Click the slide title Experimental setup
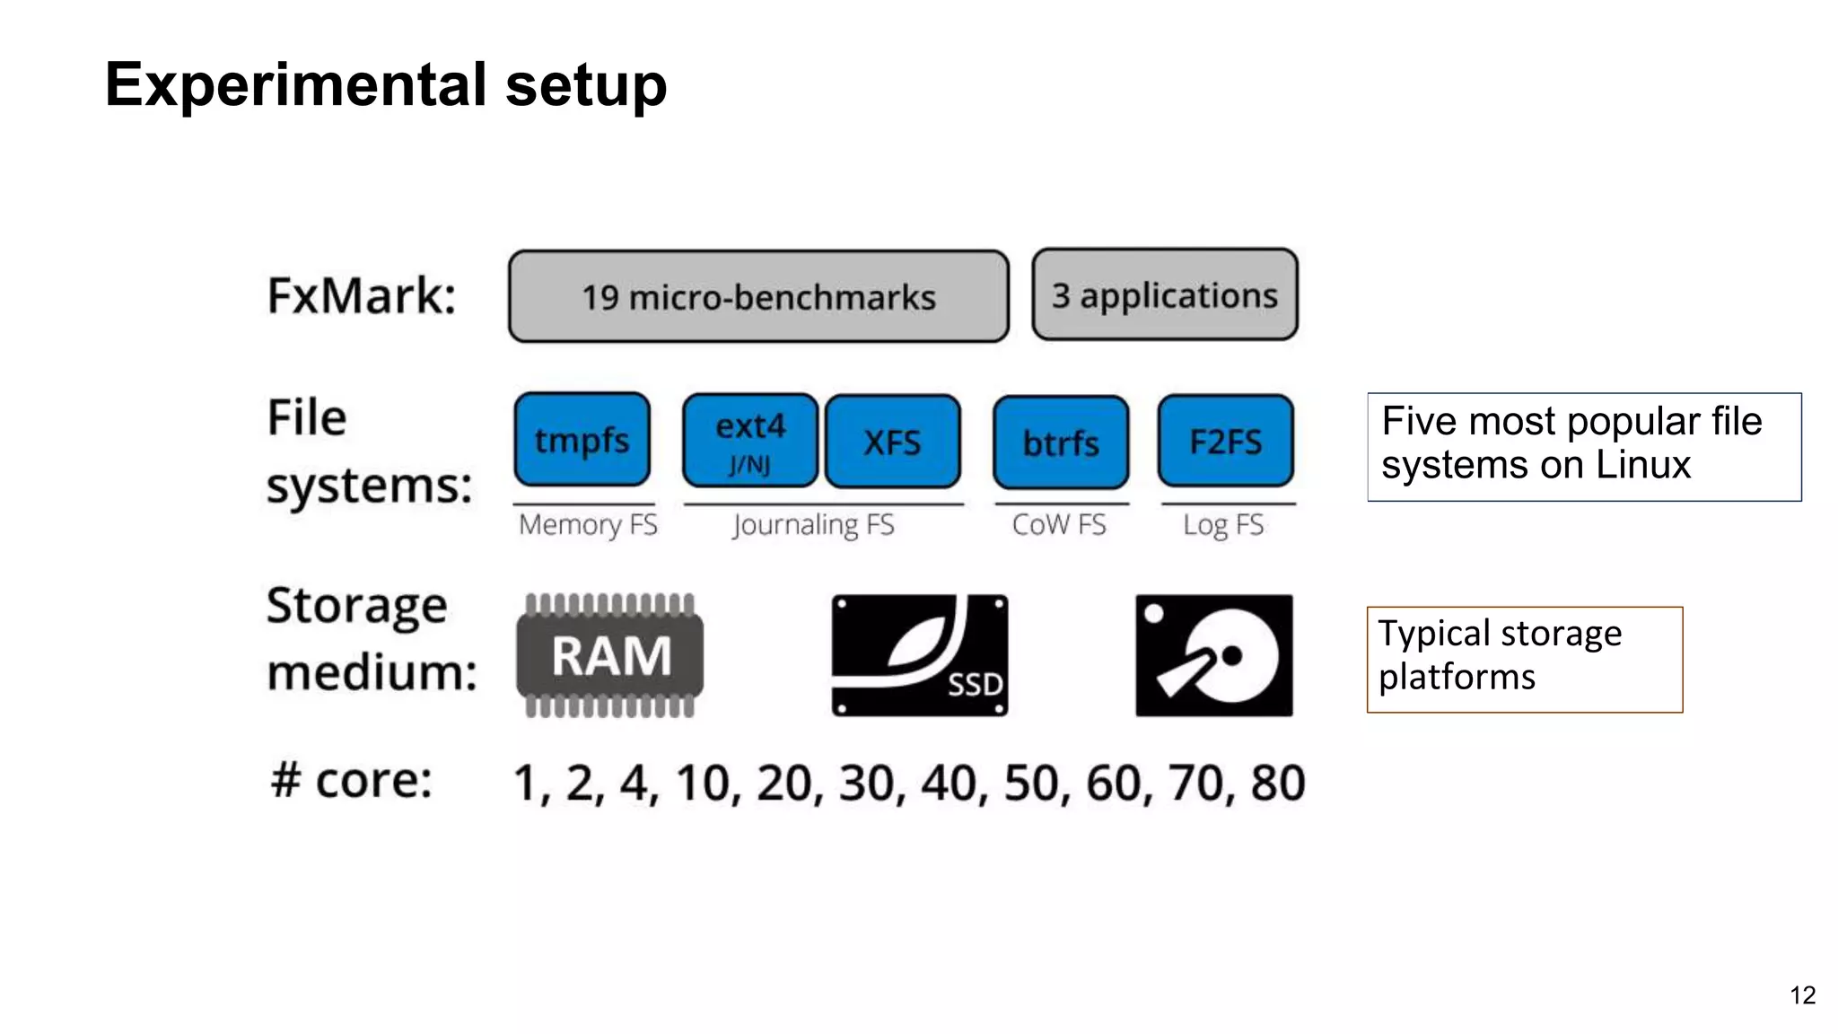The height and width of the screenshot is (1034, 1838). [x=386, y=85]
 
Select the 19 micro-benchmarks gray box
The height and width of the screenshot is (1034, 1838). [x=758, y=297]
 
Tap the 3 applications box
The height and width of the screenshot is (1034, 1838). [x=1164, y=295]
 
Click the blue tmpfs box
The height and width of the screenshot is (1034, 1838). [x=582, y=440]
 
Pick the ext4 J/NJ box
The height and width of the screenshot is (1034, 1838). [x=750, y=441]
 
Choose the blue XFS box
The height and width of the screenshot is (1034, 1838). [x=892, y=442]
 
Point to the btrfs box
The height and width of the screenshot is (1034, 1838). [x=1061, y=443]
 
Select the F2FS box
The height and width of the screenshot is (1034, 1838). [x=1225, y=441]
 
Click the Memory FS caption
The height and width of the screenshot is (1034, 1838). [x=588, y=524]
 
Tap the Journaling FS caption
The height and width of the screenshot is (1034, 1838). [x=813, y=524]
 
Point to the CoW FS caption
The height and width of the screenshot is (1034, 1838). [x=1059, y=524]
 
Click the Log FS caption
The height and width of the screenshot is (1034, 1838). [x=1223, y=524]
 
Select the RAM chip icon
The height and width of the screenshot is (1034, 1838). [x=610, y=655]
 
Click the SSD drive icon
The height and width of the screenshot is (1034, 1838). [x=919, y=655]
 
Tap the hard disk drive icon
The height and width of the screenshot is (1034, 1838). [x=1213, y=655]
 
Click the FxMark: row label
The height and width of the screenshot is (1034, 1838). [x=362, y=295]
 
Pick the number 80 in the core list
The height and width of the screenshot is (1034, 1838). [x=1277, y=783]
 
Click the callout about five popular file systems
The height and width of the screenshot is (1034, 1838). [x=1583, y=446]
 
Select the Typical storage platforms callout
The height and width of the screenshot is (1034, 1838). [x=1524, y=659]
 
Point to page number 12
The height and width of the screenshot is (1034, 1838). [x=1802, y=995]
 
